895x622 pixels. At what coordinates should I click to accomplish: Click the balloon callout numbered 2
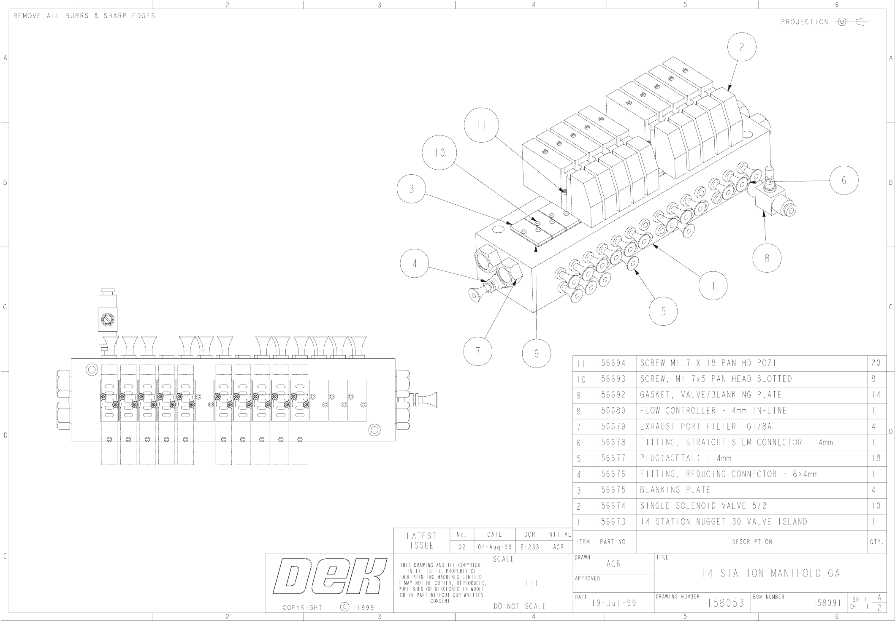pyautogui.click(x=742, y=47)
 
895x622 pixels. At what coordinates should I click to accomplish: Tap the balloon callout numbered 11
pyautogui.click(x=481, y=125)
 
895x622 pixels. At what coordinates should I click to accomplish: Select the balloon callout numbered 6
pyautogui.click(x=844, y=180)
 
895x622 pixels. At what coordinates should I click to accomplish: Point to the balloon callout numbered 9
pyautogui.click(x=537, y=354)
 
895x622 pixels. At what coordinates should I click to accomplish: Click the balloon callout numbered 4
pyautogui.click(x=415, y=264)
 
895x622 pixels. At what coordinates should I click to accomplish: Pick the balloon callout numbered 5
pyautogui.click(x=663, y=311)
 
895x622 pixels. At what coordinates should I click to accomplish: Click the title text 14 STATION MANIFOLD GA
pyautogui.click(x=771, y=573)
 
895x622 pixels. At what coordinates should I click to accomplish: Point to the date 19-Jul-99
pyautogui.click(x=614, y=603)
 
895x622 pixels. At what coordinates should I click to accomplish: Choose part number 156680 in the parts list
pyautogui.click(x=611, y=411)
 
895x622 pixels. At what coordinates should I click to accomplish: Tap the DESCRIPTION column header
pyautogui.click(x=752, y=542)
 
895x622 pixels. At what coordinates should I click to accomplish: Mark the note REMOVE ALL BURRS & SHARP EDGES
pyautogui.click(x=84, y=16)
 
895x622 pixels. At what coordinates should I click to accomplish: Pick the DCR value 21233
pyautogui.click(x=529, y=547)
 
